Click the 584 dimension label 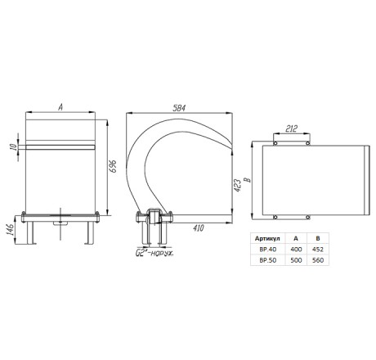179,108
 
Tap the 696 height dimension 113,166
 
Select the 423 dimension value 238,186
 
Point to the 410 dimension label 199,228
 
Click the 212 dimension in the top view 291,128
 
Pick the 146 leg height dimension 10,230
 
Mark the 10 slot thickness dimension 13,147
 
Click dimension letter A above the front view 60,107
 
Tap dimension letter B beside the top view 248,180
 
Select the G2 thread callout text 154,254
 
